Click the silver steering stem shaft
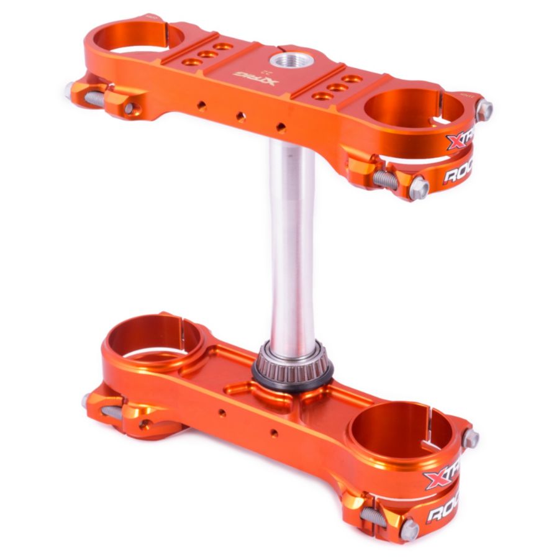[292, 242]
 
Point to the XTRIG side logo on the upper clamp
[461, 136]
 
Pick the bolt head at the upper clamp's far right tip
[484, 110]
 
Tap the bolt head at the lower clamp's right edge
[470, 439]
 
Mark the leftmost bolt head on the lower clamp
[86, 401]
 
